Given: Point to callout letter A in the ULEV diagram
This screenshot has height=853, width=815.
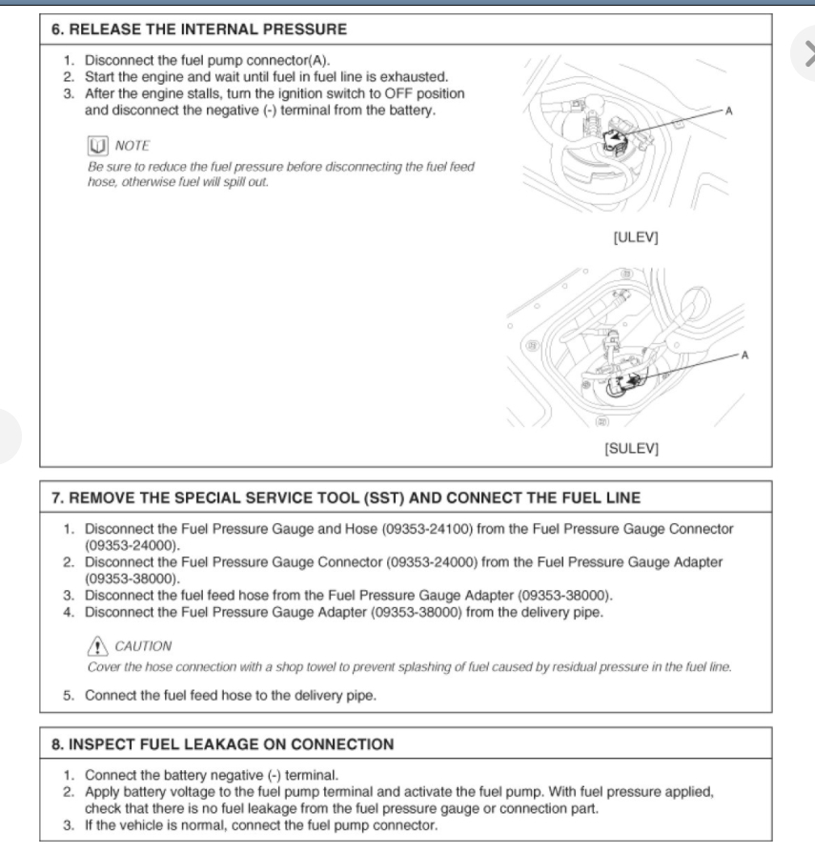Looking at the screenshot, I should click(x=730, y=112).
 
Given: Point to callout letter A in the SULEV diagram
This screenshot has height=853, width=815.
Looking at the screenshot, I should click(x=744, y=355).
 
